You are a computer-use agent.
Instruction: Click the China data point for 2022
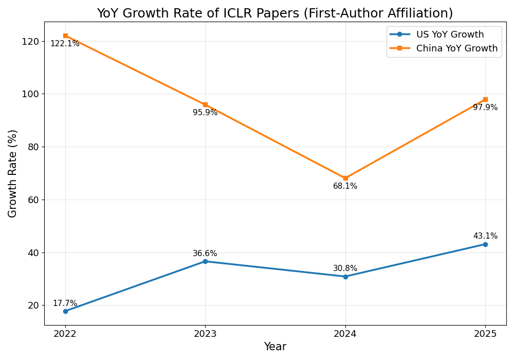pyautogui.click(x=65, y=35)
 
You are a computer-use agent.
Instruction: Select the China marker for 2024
pyautogui.click(x=345, y=178)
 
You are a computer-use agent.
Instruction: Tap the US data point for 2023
pyautogui.click(x=205, y=261)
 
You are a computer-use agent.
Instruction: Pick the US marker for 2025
pyautogui.click(x=485, y=244)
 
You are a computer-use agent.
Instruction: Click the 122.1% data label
pyautogui.click(x=65, y=44)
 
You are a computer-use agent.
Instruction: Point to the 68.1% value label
pyautogui.click(x=345, y=186)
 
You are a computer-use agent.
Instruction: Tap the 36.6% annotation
pyautogui.click(x=205, y=254)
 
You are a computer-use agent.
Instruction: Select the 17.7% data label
pyautogui.click(x=65, y=303)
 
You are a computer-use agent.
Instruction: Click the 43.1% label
pyautogui.click(x=485, y=236)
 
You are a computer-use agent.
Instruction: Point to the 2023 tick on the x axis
pyautogui.click(x=205, y=334)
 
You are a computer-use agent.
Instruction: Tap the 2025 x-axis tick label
pyautogui.click(x=485, y=334)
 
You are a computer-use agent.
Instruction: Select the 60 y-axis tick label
pyautogui.click(x=33, y=200)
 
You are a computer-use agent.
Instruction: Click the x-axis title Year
pyautogui.click(x=275, y=347)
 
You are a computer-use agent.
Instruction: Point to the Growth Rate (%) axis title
pyautogui.click(x=13, y=173)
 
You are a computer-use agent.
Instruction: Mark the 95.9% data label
pyautogui.click(x=205, y=113)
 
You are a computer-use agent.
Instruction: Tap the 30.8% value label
pyautogui.click(x=345, y=268)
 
